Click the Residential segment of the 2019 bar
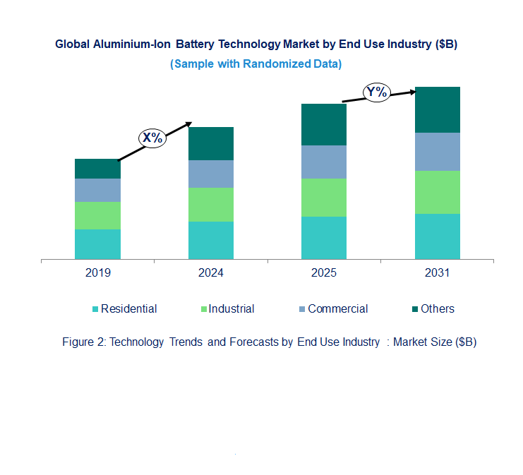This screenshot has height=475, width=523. [x=97, y=244]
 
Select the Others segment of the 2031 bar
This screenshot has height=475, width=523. [x=437, y=109]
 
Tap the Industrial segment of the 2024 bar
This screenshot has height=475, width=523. [x=210, y=205]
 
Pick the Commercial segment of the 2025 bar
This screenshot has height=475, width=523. [x=324, y=162]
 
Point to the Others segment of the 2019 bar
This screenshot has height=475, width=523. [x=97, y=169]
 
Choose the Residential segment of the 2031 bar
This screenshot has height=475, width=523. [x=437, y=236]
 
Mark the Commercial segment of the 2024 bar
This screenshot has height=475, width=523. [x=210, y=174]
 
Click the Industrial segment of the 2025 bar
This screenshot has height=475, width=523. [x=324, y=198]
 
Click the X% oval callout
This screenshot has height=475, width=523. [x=152, y=138]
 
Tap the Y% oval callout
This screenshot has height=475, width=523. [x=376, y=92]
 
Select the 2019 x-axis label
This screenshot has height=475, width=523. [x=97, y=273]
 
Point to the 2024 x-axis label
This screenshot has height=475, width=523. [x=210, y=273]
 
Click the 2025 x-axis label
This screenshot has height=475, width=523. [x=324, y=273]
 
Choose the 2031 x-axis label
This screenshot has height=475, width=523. [x=437, y=273]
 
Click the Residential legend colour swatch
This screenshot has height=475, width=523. [x=95, y=309]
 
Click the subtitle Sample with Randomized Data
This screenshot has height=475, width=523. [x=256, y=64]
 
